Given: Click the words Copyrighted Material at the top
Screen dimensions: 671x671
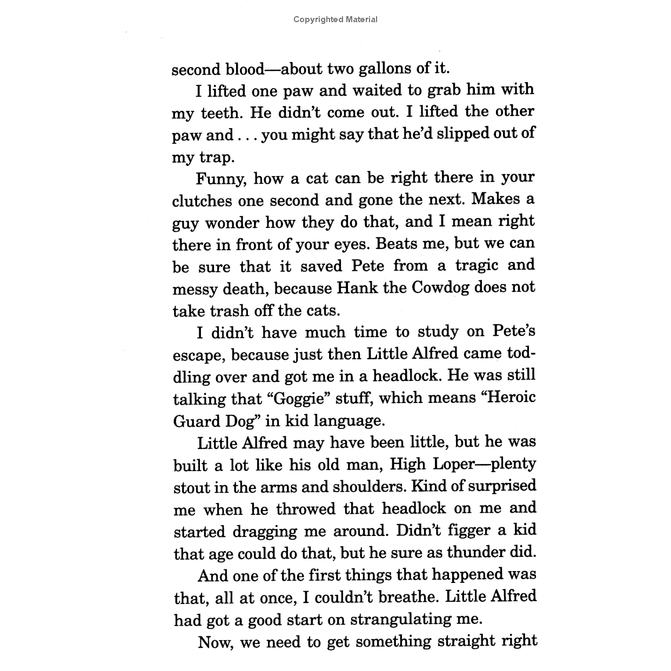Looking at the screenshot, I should point(335,19).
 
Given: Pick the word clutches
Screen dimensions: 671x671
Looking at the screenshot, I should point(203,201).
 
